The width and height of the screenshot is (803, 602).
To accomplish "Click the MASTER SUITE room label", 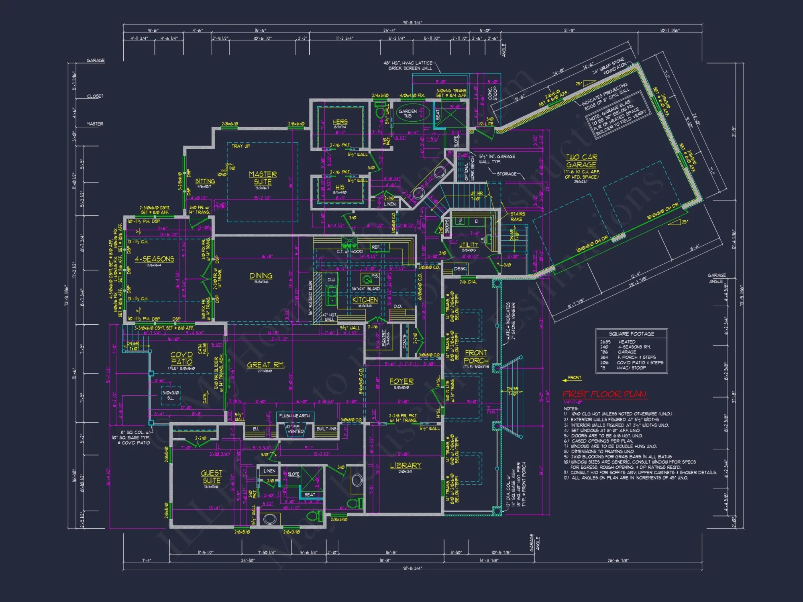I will click(x=263, y=178).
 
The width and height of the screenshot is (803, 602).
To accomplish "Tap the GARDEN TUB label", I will click(x=408, y=113).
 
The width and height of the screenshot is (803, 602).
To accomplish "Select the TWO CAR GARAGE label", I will click(x=581, y=161).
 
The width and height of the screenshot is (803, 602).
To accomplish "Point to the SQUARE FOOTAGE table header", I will click(x=631, y=334).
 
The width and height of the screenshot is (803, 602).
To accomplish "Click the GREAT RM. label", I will click(x=265, y=365).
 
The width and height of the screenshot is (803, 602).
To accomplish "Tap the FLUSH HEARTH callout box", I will click(x=294, y=416).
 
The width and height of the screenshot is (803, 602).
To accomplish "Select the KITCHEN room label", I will click(x=365, y=300).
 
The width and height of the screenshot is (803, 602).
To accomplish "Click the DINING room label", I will click(x=261, y=276).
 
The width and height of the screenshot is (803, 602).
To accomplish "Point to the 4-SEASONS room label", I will click(x=155, y=259).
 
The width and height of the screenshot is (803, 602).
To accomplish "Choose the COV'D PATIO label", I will click(x=181, y=358).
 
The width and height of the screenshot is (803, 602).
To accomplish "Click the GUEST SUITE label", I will click(x=212, y=477).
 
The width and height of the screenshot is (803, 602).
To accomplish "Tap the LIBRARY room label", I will click(x=406, y=465).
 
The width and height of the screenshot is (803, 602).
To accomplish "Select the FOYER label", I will click(x=401, y=381).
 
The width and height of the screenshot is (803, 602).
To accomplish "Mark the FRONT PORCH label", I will click(x=476, y=356).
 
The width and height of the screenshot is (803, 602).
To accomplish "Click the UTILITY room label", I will click(x=469, y=244).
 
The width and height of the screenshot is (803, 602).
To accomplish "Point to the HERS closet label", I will click(x=340, y=122).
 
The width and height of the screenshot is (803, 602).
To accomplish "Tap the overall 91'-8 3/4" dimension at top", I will click(x=412, y=23).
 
